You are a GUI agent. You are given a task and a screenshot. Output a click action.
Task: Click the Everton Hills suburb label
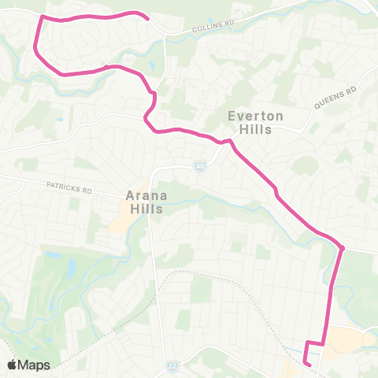[x=250, y=123]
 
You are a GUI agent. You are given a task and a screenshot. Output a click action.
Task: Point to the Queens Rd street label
[x=335, y=98]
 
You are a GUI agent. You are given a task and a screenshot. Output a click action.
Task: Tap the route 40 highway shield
[x=200, y=165]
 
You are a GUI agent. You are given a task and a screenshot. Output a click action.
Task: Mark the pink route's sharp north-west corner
[x=41, y=18]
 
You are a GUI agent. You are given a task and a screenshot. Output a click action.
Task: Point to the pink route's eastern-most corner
[x=343, y=249]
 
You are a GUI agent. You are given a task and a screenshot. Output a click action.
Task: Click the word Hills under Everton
[x=250, y=130]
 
